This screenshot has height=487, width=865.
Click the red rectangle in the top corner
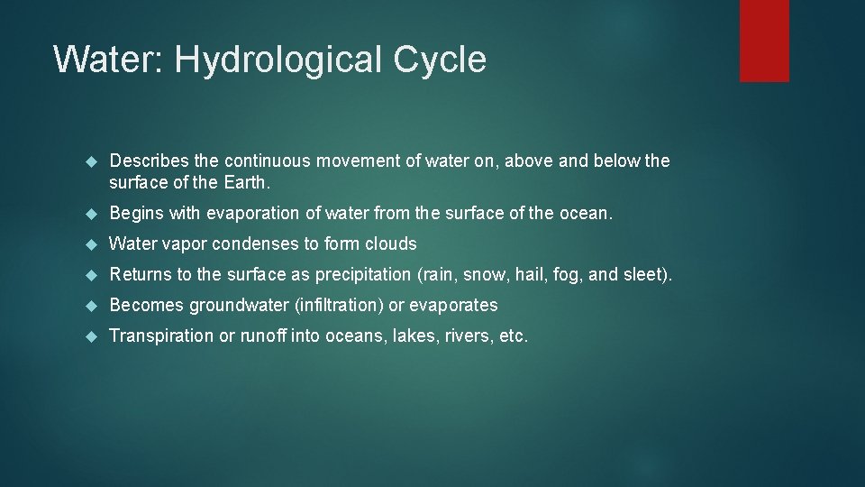click(764, 40)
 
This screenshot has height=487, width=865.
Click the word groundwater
click(239, 305)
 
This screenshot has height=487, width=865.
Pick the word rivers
click(462, 335)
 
